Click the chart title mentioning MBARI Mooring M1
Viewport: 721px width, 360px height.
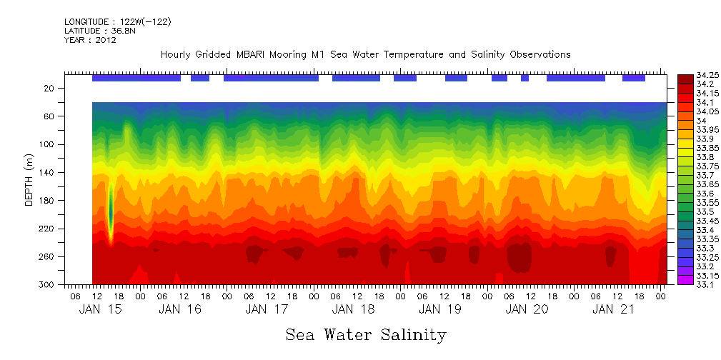[x=365, y=55]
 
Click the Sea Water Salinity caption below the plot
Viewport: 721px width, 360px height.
[x=366, y=335]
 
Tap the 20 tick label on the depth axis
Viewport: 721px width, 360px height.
[x=50, y=89]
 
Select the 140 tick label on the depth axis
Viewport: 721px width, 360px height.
[x=48, y=173]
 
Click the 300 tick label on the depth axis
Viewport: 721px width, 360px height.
[x=48, y=285]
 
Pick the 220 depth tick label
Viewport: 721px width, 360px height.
[x=48, y=229]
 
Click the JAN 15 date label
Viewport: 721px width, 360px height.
[x=99, y=309]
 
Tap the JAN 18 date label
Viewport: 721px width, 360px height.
[x=354, y=309]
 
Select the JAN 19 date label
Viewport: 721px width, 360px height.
[x=440, y=309]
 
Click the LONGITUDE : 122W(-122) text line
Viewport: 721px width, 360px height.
[x=117, y=22]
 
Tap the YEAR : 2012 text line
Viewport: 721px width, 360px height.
[x=90, y=41]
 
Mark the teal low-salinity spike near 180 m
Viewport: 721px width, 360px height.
[x=111, y=207]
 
